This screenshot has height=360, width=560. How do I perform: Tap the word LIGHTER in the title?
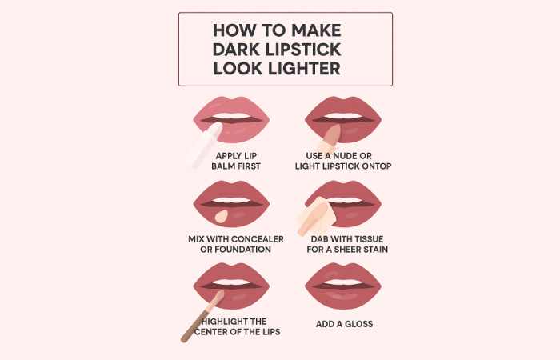305,69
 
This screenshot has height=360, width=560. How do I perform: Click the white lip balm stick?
206,145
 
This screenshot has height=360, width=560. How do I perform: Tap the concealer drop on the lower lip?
223,216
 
